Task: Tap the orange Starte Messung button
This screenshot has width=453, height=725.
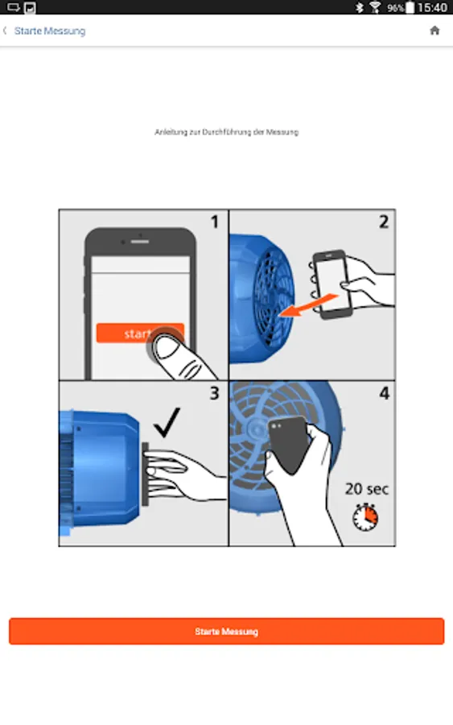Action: pyautogui.click(x=226, y=631)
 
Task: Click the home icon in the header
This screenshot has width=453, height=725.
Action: pyautogui.click(x=434, y=31)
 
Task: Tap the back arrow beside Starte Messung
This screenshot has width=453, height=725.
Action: pyautogui.click(x=5, y=31)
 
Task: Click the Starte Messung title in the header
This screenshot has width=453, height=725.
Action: pyautogui.click(x=50, y=31)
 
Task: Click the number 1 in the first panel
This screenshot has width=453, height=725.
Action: pyautogui.click(x=214, y=222)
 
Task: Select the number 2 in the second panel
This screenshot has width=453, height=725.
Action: pyautogui.click(x=384, y=222)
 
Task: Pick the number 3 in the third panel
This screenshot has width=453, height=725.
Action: pyautogui.click(x=214, y=393)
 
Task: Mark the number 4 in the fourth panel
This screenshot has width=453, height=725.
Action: pyautogui.click(x=384, y=393)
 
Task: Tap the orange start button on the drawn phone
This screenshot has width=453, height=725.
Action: pyautogui.click(x=140, y=333)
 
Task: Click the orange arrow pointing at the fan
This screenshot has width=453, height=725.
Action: pyautogui.click(x=309, y=305)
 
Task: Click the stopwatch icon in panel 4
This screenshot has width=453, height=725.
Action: pyautogui.click(x=365, y=517)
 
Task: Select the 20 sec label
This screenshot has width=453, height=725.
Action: pyautogui.click(x=367, y=489)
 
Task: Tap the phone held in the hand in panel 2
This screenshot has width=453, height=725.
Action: pyautogui.click(x=332, y=284)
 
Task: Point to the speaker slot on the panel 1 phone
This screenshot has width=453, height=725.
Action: pyautogui.click(x=139, y=242)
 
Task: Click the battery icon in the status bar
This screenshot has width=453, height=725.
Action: pyautogui.click(x=410, y=7)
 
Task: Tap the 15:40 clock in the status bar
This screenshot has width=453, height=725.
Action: pyautogui.click(x=432, y=7)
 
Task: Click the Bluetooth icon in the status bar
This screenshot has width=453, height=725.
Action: pyautogui.click(x=359, y=7)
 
